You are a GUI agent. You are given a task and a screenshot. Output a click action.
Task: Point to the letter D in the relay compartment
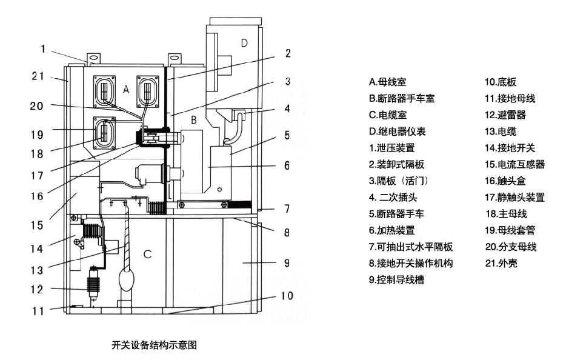pyautogui.click(x=244, y=42)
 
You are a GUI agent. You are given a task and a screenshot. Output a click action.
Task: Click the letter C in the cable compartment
pyautogui.click(x=147, y=254)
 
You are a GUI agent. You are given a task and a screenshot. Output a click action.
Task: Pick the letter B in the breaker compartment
pyautogui.click(x=193, y=121)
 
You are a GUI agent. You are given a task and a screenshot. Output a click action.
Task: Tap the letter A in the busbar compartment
pyautogui.click(x=125, y=89)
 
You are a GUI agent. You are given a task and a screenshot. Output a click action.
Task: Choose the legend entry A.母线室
pyautogui.click(x=386, y=82)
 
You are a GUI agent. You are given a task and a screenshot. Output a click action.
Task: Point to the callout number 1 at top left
pyautogui.click(x=43, y=49)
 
